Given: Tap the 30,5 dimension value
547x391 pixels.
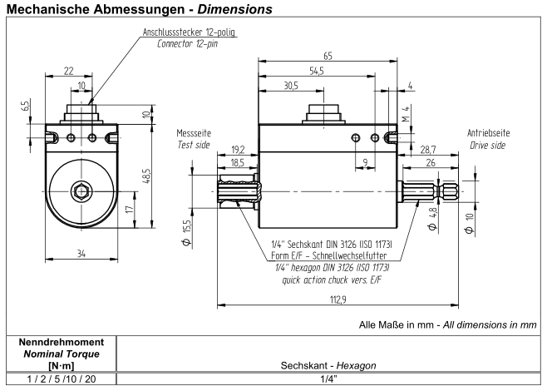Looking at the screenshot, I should pos(291,87).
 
